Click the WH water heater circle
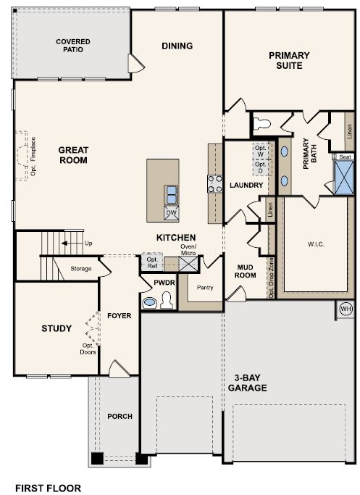[x=346, y=309]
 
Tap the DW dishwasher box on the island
[x=172, y=212]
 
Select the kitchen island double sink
[x=172, y=194]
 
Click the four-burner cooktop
[x=214, y=184]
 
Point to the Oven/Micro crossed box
[x=188, y=264]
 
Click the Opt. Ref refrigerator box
[x=152, y=262]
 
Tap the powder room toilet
[x=167, y=300]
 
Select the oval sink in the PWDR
[x=149, y=302]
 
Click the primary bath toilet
[x=262, y=123]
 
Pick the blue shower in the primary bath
[x=344, y=178]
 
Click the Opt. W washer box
[x=261, y=151]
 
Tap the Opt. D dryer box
[x=261, y=168]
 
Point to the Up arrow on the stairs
[x=69, y=244]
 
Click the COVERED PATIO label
[x=73, y=46]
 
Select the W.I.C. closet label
[x=316, y=244]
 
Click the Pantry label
[x=205, y=287]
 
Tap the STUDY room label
[x=56, y=328]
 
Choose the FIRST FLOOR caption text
[x=48, y=488]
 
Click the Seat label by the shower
[x=345, y=157]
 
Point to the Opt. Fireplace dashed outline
[x=22, y=156]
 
